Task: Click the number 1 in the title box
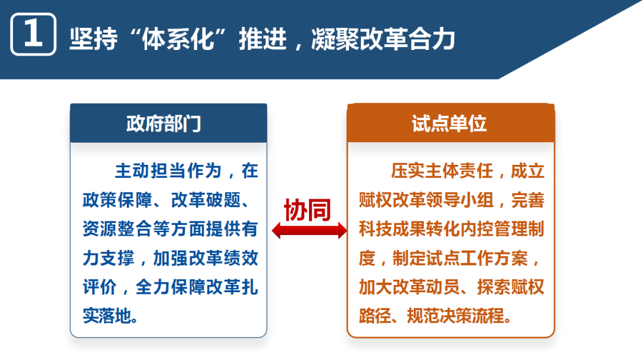33,35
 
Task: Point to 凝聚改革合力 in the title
383,39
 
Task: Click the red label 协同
307,209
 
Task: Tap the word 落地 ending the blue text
114,315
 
